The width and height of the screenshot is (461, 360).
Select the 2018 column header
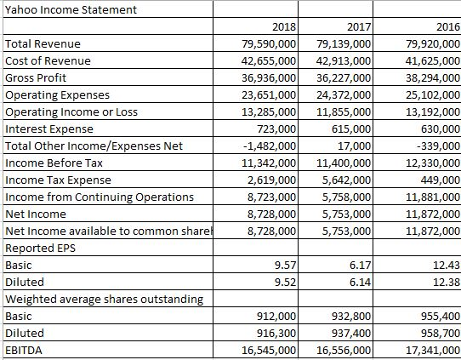coord(283,27)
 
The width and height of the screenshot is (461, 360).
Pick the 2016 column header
coord(447,27)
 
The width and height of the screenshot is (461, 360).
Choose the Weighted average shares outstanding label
coord(104,299)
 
